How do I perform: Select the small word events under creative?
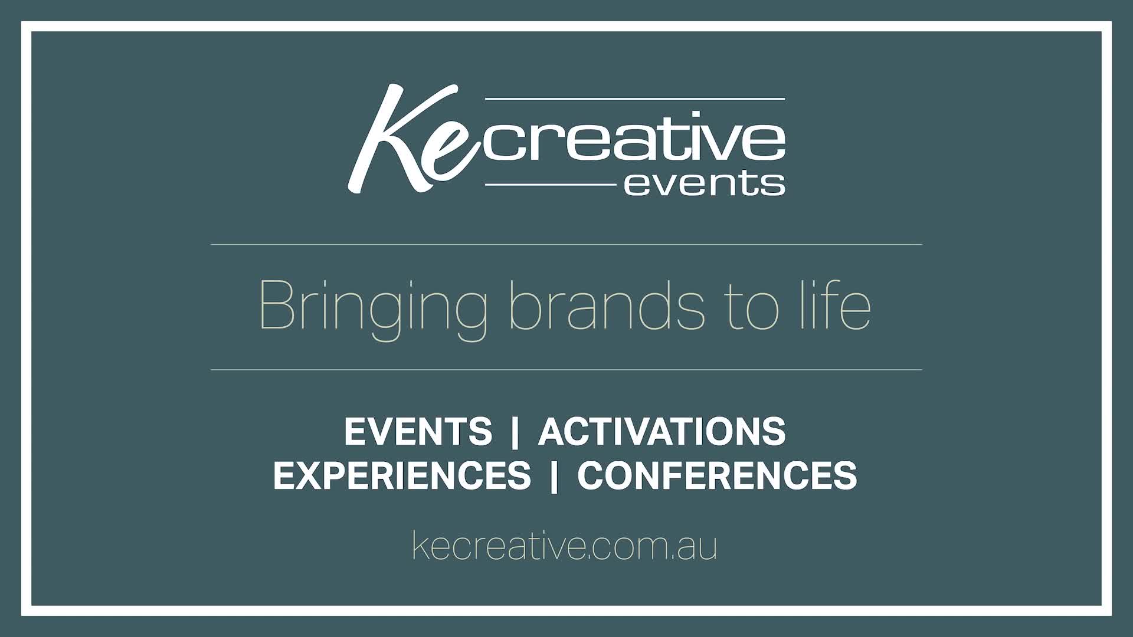704,183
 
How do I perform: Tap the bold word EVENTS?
418,431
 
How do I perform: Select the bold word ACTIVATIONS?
662,431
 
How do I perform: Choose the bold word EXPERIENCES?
402,475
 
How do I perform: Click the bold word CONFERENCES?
717,475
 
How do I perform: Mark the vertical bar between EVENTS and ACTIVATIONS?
515,432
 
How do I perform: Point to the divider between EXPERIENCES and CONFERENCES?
554,476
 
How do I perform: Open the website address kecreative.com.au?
564,546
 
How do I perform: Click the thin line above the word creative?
634,99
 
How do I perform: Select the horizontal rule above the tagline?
566,244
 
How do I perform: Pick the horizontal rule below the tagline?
566,370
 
